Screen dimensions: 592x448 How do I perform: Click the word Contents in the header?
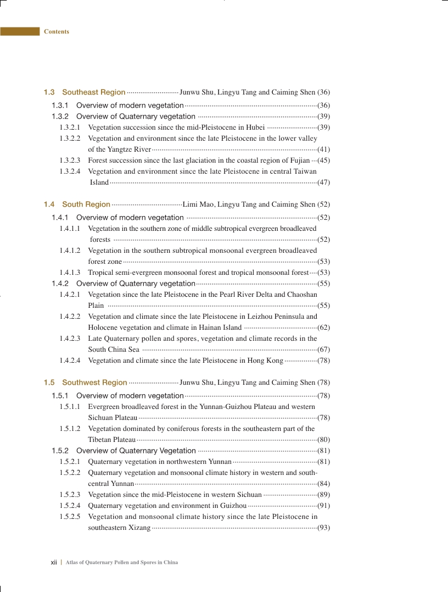[57, 32]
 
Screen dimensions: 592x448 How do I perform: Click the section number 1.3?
[49, 92]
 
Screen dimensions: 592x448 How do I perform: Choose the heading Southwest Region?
[94, 383]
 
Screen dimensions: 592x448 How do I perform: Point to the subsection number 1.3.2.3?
[70, 161]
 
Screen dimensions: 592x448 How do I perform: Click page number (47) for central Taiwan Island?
[323, 182]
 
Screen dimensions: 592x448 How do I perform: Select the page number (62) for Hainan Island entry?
[323, 328]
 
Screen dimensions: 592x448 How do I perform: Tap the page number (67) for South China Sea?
[323, 350]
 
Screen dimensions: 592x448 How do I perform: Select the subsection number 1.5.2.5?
[70, 517]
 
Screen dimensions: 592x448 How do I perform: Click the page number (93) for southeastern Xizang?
[323, 528]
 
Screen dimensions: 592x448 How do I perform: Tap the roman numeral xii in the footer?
[54, 562]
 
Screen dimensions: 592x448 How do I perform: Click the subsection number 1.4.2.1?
[70, 295]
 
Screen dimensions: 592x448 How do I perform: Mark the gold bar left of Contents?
[20, 32]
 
